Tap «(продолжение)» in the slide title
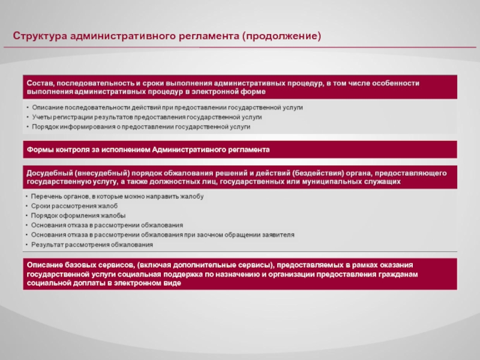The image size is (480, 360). point(281,37)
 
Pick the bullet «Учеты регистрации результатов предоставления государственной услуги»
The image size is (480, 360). point(147,117)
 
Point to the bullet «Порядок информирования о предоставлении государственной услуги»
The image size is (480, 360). point(141,127)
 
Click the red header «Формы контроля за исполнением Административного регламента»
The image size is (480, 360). point(148,149)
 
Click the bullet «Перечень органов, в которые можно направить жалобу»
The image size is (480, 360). point(118,196)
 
